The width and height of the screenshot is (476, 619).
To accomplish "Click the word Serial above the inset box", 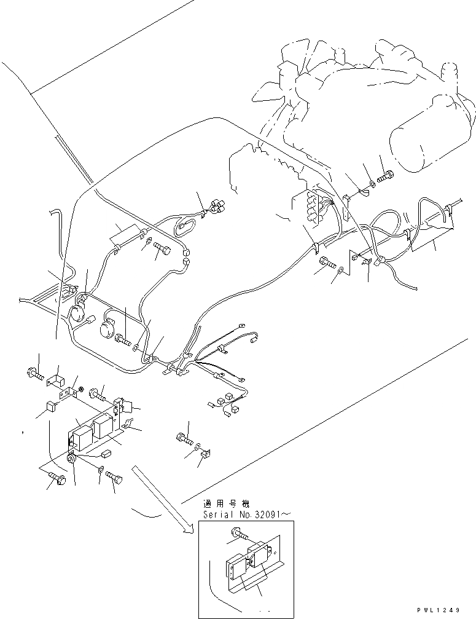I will [x=217, y=514].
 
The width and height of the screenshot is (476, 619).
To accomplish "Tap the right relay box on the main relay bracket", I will [x=104, y=424].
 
